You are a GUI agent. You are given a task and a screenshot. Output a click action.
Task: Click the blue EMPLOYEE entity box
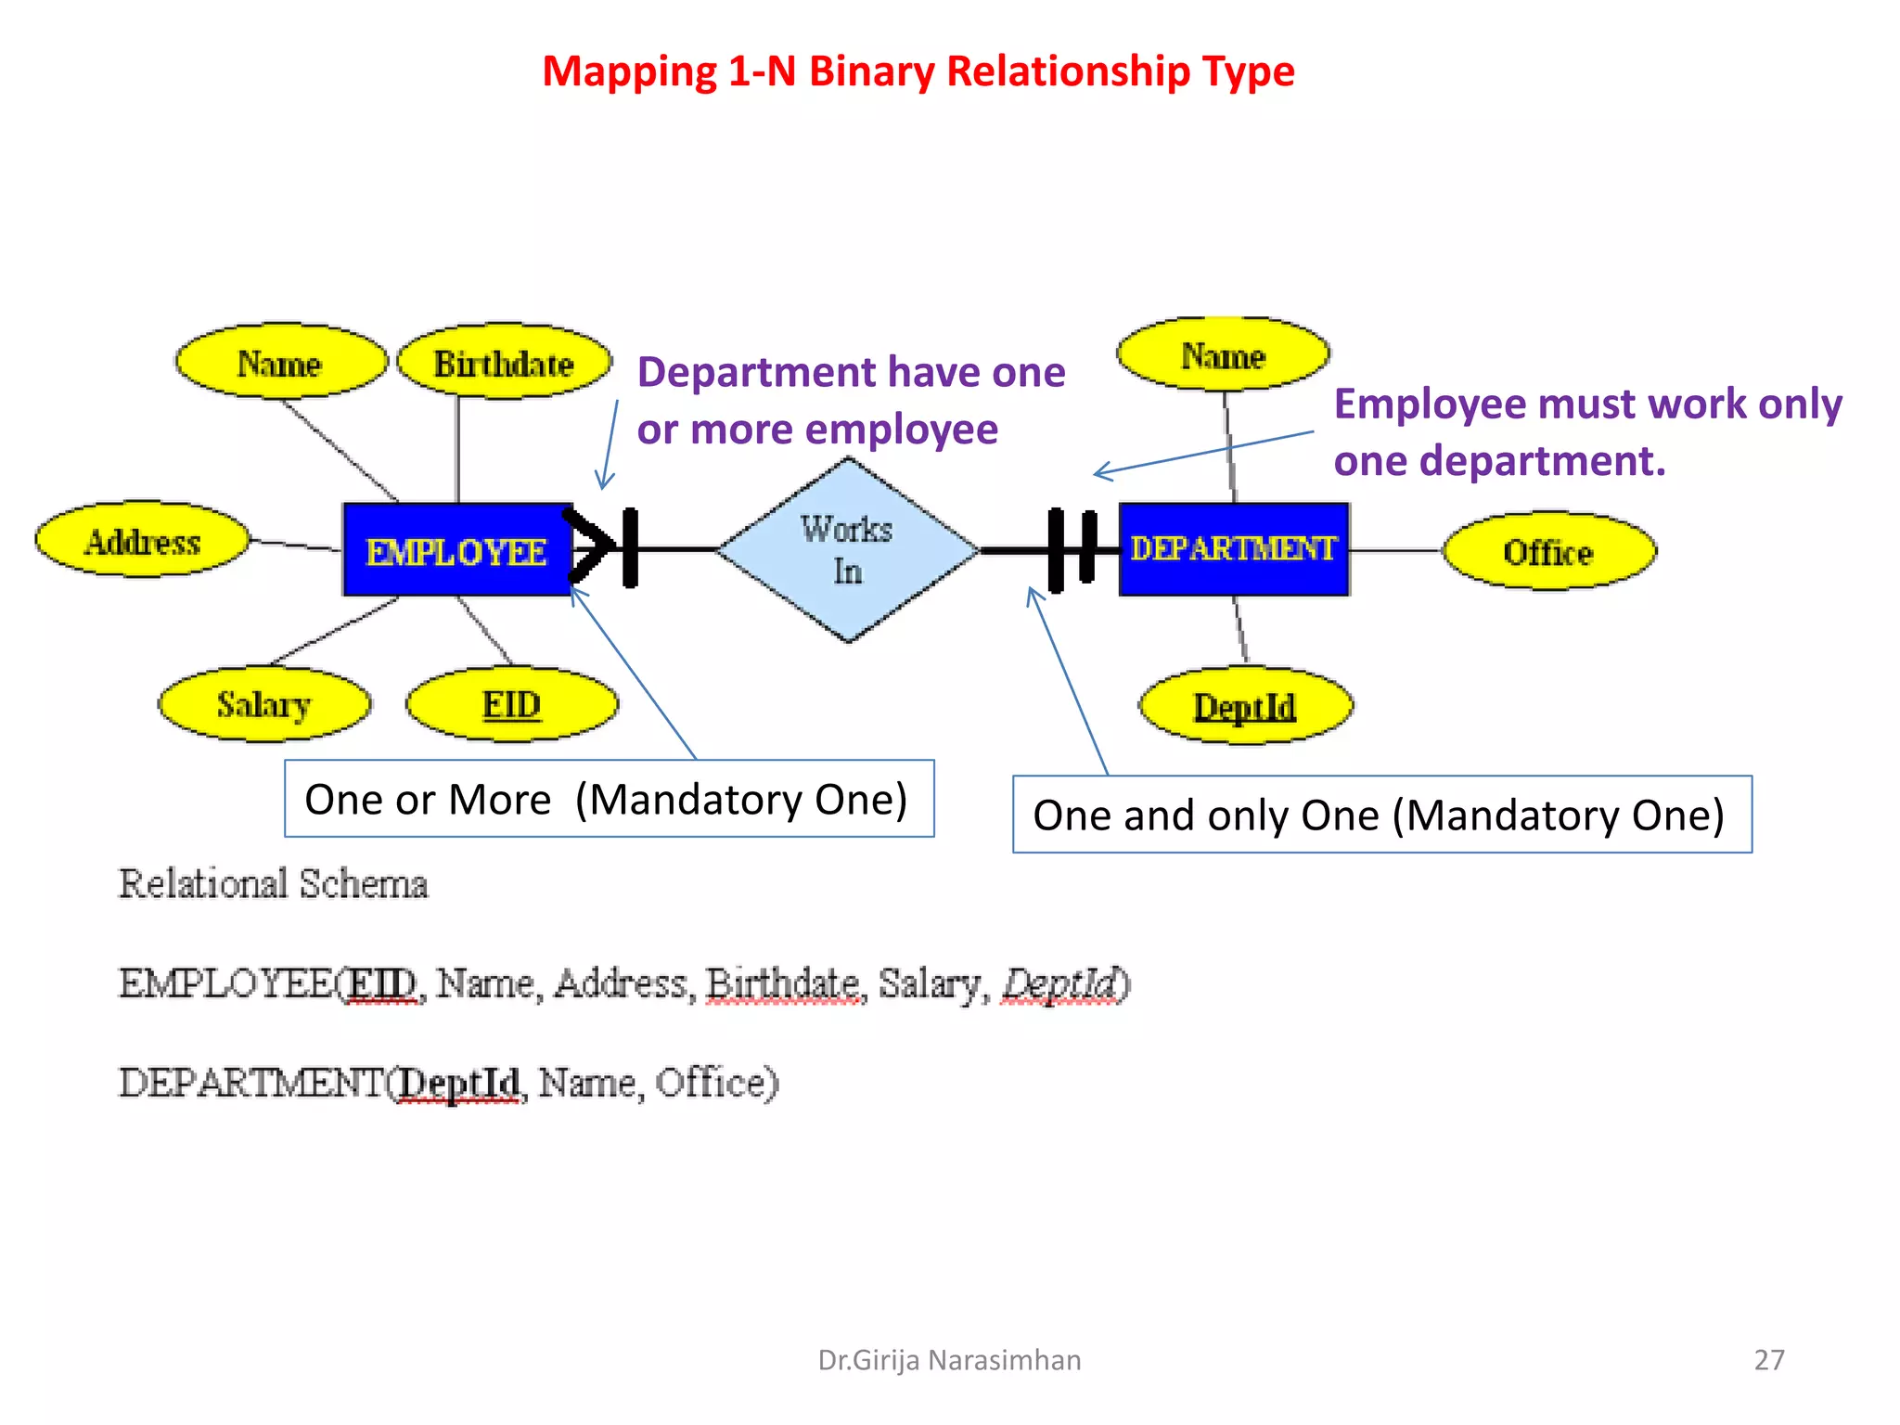click(456, 550)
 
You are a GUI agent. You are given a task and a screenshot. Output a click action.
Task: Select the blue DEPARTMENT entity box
click(1233, 549)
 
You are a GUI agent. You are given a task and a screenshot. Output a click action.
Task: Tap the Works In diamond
click(847, 550)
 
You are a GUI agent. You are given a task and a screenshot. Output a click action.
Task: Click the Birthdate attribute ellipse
click(504, 363)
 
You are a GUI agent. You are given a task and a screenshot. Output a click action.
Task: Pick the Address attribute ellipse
click(143, 541)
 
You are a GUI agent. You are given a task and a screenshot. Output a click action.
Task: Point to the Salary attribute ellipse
click(263, 704)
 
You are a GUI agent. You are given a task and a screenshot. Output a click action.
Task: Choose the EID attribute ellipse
click(511, 704)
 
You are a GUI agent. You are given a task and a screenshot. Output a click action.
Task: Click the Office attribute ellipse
click(1548, 551)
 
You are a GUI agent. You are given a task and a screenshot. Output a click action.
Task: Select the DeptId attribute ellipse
click(1245, 706)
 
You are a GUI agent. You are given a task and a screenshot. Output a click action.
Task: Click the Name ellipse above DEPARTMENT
click(1223, 355)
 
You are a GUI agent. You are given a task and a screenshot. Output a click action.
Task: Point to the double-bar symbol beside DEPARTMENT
click(1072, 549)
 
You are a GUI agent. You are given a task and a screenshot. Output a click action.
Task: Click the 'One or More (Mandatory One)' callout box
click(609, 799)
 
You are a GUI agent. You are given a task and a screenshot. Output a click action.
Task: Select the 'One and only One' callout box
click(1381, 815)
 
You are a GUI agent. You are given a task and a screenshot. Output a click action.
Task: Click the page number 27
click(1768, 1359)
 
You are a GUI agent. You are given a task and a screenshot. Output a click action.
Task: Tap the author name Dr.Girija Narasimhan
click(949, 1359)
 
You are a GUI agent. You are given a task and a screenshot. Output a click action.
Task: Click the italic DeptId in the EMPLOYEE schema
click(1060, 983)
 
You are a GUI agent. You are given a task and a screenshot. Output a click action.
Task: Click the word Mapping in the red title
click(630, 71)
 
